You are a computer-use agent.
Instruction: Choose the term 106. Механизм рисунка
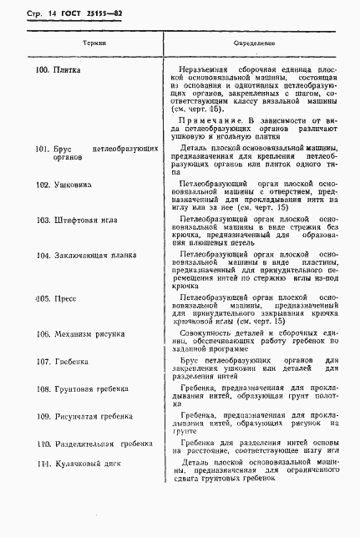[80, 332]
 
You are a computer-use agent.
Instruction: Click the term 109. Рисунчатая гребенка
[84, 415]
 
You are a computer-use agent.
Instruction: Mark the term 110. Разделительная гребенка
[93, 443]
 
